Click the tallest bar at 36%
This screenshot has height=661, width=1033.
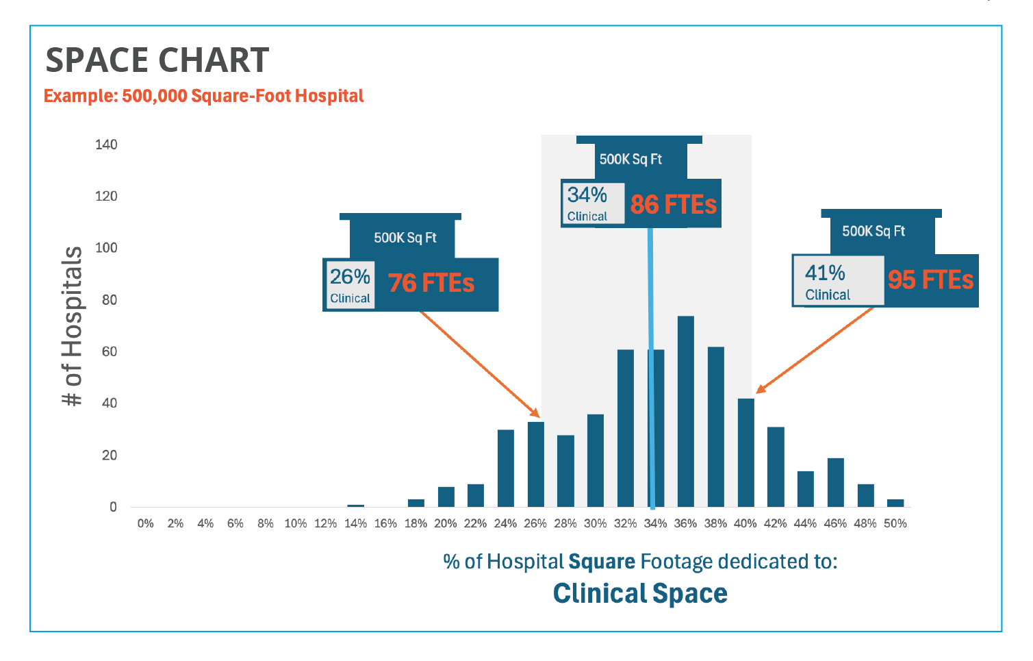(x=685, y=411)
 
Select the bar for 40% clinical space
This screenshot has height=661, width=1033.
(x=745, y=452)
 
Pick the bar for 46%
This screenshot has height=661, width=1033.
(x=835, y=482)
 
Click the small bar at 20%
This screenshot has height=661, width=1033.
(x=446, y=497)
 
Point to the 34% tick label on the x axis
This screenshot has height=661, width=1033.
(x=655, y=523)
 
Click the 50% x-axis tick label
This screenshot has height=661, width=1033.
(x=895, y=523)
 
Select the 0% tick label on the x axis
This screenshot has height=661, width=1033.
(x=145, y=523)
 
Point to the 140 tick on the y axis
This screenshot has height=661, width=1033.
(x=106, y=145)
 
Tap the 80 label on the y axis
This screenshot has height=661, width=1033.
(x=109, y=300)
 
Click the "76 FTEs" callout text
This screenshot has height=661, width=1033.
(x=431, y=283)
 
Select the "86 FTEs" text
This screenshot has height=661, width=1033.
(x=673, y=204)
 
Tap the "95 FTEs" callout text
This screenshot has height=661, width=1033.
(x=930, y=279)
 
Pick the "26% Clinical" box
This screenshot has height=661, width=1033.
(x=350, y=284)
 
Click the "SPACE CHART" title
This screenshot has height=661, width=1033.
(x=157, y=60)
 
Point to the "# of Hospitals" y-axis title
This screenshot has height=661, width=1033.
(x=72, y=326)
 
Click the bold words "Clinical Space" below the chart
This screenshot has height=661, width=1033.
(x=640, y=593)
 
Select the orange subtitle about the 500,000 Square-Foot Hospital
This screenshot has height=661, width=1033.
(x=203, y=96)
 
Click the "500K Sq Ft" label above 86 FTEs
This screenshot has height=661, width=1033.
(x=630, y=160)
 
